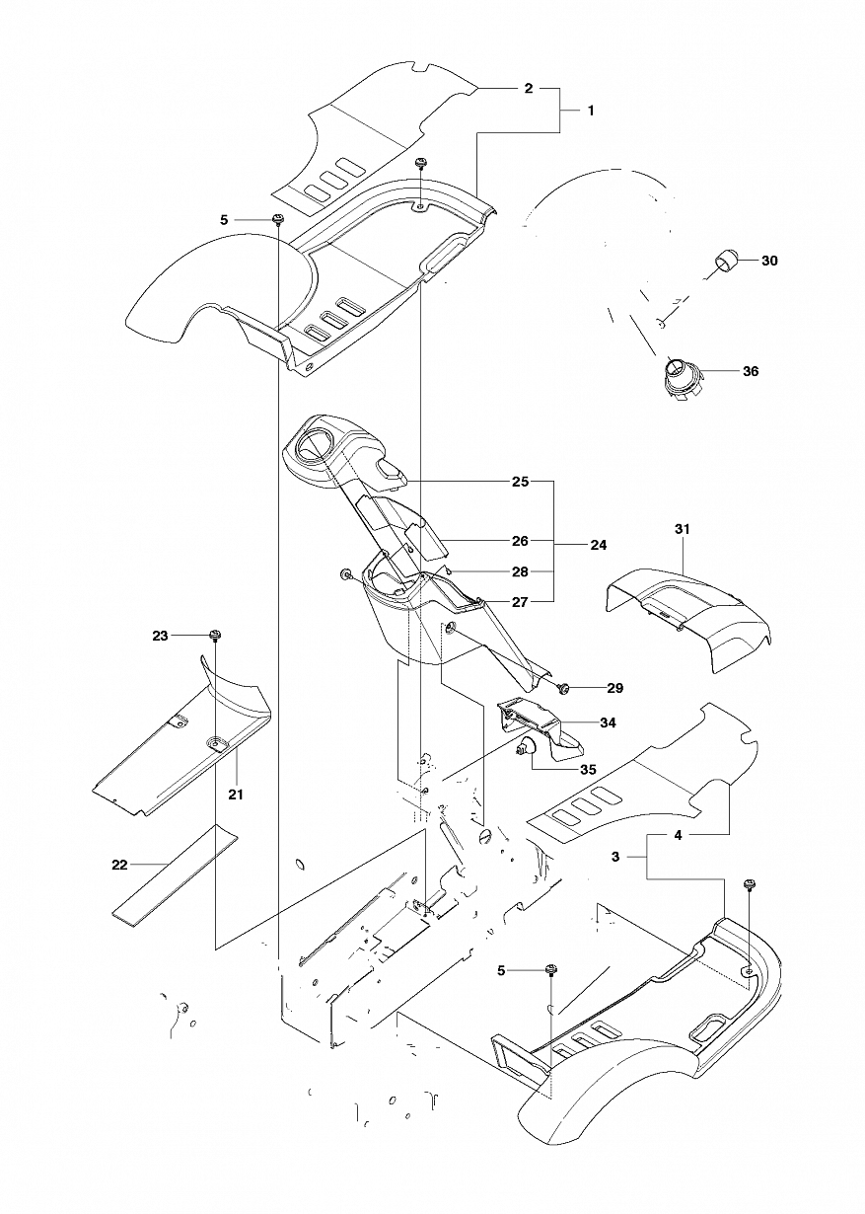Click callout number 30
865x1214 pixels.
pyautogui.click(x=769, y=261)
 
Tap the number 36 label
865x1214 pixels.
pyautogui.click(x=751, y=371)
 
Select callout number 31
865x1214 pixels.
pyautogui.click(x=682, y=529)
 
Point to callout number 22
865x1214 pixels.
pyautogui.click(x=119, y=866)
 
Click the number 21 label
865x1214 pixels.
pyautogui.click(x=235, y=796)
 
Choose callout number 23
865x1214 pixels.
pyautogui.click(x=160, y=636)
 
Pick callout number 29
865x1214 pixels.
pyautogui.click(x=614, y=688)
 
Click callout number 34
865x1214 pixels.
pyautogui.click(x=608, y=723)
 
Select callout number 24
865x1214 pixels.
pyautogui.click(x=598, y=545)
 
